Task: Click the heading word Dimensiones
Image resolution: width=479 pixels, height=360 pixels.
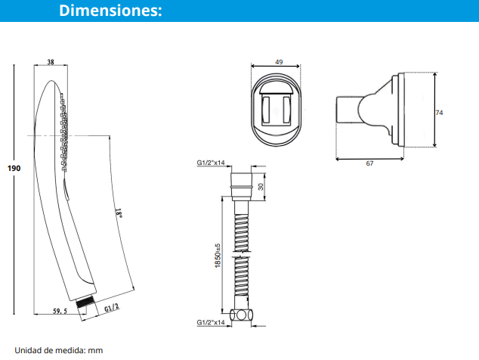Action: (110, 10)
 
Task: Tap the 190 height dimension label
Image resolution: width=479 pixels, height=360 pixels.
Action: (14, 168)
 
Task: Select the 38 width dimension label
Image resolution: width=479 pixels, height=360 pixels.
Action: (51, 62)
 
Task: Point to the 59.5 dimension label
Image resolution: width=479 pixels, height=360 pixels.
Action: (60, 311)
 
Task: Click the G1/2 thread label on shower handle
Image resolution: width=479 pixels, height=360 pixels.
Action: (112, 308)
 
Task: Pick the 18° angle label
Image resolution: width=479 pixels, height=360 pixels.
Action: (119, 213)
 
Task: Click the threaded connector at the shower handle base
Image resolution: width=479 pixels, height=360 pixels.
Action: (85, 302)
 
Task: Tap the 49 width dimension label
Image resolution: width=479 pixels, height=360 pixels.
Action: (279, 62)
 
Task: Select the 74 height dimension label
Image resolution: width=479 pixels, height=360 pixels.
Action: (439, 113)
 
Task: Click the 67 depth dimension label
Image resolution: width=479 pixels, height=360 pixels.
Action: (369, 163)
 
